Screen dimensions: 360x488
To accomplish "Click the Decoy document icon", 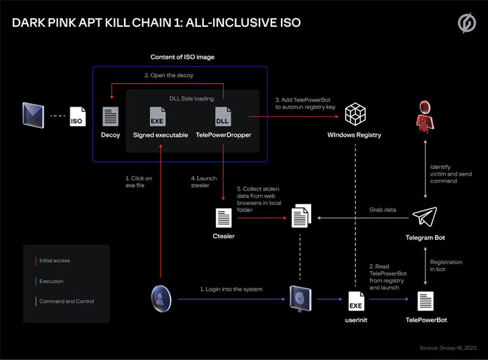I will [111, 115].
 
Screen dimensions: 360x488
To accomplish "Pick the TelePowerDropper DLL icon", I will [223, 115].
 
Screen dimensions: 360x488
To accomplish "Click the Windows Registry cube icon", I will [354, 115].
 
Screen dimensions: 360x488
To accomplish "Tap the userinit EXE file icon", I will [356, 301].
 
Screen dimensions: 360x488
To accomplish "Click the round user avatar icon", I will [161, 296].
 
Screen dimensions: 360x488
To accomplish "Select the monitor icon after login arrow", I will [299, 296].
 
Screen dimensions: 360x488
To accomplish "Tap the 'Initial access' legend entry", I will [54, 261].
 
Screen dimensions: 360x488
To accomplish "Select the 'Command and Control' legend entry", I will [66, 301].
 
